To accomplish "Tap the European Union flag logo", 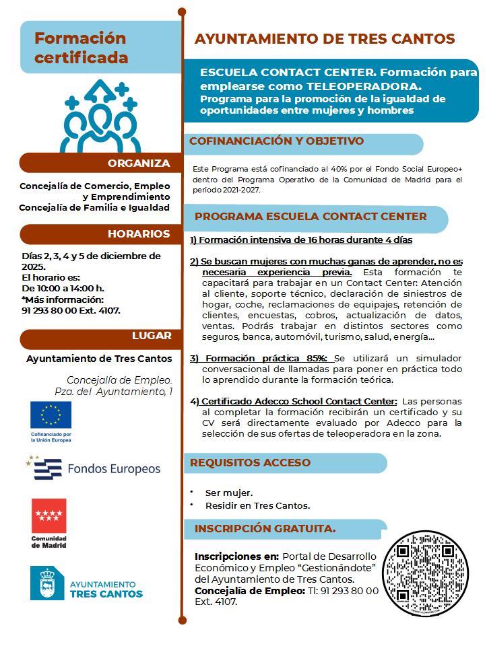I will tap(51, 415).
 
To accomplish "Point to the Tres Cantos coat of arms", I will tap(47, 583).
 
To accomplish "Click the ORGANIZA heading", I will tap(139, 163).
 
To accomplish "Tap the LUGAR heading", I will tap(152, 336).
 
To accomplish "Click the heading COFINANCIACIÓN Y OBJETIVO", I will tap(276, 141).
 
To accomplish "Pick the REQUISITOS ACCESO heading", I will tap(250, 462).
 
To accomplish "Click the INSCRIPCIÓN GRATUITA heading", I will tap(265, 528).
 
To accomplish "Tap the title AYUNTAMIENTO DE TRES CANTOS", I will tap(325, 39).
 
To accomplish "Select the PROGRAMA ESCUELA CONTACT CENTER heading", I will tap(311, 216).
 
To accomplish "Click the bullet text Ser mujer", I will tap(229, 493).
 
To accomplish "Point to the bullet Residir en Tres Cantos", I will tap(257, 505).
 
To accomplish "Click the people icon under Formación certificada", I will tap(101, 118).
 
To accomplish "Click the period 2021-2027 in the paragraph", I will tap(240, 190).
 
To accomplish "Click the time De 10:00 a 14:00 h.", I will tap(63, 288).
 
